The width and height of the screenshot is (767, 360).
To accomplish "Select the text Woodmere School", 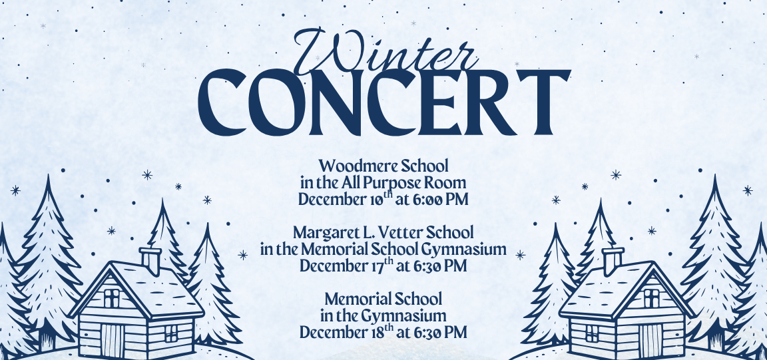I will (383, 165).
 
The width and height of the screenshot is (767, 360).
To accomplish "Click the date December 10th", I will (346, 199).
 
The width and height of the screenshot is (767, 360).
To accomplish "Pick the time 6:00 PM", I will (439, 199).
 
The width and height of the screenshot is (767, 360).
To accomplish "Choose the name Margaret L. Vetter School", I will (383, 233).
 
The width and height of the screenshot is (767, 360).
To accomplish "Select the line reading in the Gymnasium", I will (383, 315).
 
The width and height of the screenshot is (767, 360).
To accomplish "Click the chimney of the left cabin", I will (151, 260).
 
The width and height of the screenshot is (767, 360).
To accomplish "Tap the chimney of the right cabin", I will (612, 260).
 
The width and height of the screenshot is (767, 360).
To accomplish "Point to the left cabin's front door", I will (112, 336).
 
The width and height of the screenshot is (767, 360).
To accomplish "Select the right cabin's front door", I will (650, 336).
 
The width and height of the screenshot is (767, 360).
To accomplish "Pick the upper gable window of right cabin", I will (651, 297).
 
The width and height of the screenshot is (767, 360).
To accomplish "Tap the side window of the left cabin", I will (171, 333).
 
